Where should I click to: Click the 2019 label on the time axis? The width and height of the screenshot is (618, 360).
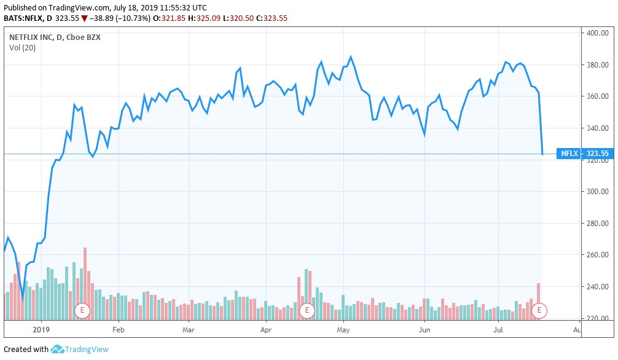pyautogui.click(x=42, y=330)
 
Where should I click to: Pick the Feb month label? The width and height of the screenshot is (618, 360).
pyautogui.click(x=119, y=330)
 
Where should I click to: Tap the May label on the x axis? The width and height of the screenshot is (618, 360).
pyautogui.click(x=343, y=330)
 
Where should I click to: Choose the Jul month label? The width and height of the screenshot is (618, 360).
pyautogui.click(x=498, y=330)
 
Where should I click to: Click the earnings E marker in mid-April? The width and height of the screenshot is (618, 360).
pyautogui.click(x=307, y=311)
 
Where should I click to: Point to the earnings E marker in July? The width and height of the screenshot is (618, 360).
pyautogui.click(x=539, y=311)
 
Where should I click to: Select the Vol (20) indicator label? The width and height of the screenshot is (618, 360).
pyautogui.click(x=22, y=47)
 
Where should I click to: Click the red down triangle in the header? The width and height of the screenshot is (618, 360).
pyautogui.click(x=84, y=18)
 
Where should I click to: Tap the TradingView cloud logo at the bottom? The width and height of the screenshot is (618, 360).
pyautogui.click(x=58, y=349)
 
